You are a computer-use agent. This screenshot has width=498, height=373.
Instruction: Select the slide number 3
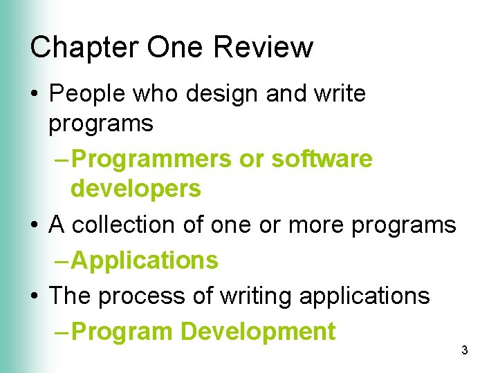pyautogui.click(x=465, y=351)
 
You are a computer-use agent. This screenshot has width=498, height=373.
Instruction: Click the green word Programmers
pyautogui.click(x=151, y=160)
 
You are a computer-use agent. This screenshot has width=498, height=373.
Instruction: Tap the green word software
pyautogui.click(x=322, y=160)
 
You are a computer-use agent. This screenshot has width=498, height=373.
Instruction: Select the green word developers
pyautogui.click(x=136, y=188)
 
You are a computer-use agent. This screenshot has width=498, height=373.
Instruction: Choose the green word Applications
pyautogui.click(x=145, y=261)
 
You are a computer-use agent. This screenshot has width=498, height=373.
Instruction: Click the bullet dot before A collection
pyautogui.click(x=35, y=225)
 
